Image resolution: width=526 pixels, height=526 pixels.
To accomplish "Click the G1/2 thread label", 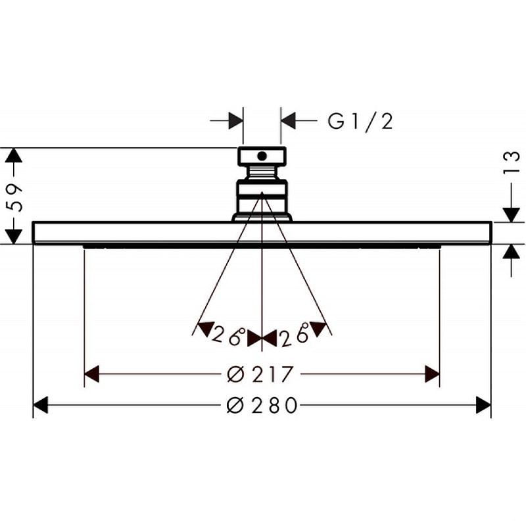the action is (360, 121).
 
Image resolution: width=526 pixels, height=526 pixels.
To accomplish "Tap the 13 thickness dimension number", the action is (511, 163).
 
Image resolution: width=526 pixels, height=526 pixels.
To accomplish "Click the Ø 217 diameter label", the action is (260, 374).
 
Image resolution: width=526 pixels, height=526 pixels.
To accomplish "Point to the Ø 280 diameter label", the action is (262, 405).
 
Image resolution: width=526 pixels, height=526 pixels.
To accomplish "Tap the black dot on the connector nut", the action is (262, 156).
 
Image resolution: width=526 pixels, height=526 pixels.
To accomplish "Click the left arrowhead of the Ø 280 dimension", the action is (41, 405).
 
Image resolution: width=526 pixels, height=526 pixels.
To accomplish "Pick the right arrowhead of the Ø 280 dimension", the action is (483, 405).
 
